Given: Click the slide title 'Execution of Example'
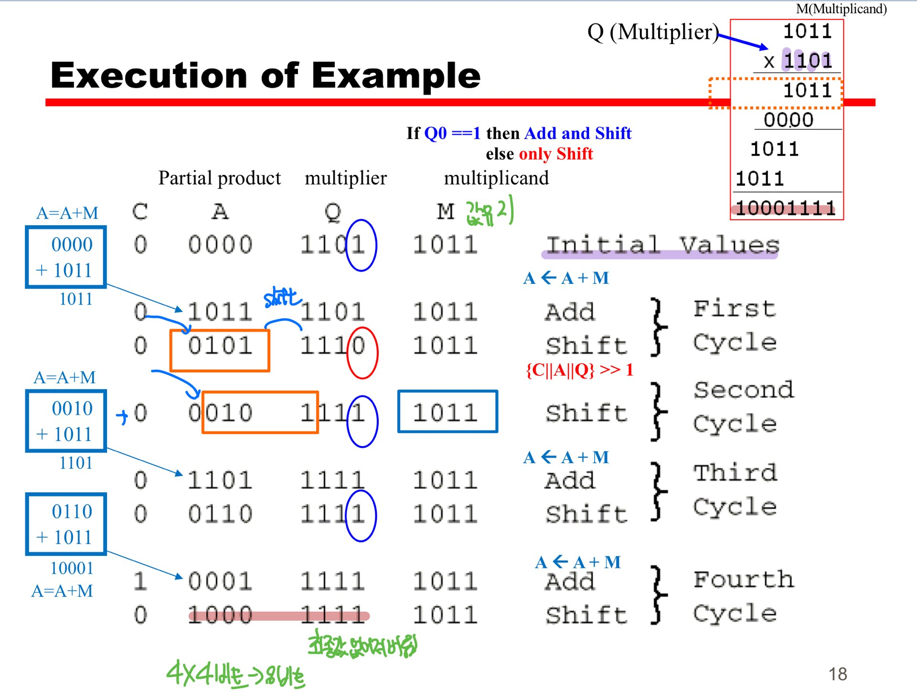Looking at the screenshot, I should [x=265, y=76].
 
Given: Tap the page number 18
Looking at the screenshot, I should [x=837, y=674].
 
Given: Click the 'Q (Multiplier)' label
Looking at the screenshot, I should [x=652, y=32].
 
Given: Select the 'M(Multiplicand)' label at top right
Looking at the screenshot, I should [x=841, y=9].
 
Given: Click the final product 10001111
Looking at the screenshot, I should [x=785, y=208].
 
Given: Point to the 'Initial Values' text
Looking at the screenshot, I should [x=662, y=245].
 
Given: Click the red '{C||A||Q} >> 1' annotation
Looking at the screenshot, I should [x=579, y=369].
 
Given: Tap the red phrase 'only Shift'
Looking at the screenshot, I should [x=555, y=154].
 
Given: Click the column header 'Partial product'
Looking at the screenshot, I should [x=219, y=178].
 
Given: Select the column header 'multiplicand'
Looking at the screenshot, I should [x=496, y=178].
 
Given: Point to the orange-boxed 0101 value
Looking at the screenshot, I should [x=220, y=346].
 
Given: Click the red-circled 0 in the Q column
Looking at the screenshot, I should [x=360, y=346].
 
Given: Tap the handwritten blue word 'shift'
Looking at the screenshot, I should [x=282, y=297].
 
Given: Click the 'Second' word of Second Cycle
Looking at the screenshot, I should [x=743, y=390].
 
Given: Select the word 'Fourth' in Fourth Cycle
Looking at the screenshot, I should [x=743, y=580].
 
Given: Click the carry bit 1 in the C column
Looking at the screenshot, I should [x=140, y=581].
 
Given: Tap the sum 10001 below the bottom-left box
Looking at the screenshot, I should [x=72, y=568].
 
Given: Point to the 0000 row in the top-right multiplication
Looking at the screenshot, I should [x=788, y=119].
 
